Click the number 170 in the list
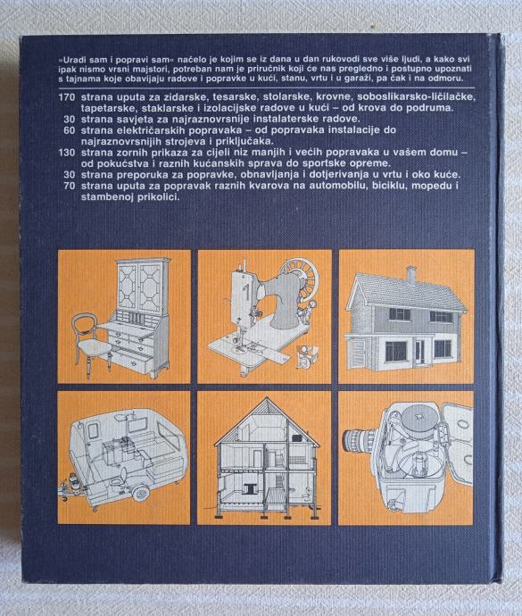(x=66, y=97)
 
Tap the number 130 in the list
(x=66, y=153)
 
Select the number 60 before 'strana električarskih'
(x=69, y=130)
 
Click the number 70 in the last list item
(x=69, y=186)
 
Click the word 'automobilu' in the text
(x=336, y=186)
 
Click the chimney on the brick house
(x=410, y=275)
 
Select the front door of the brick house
(x=419, y=351)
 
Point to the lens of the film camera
(x=358, y=440)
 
